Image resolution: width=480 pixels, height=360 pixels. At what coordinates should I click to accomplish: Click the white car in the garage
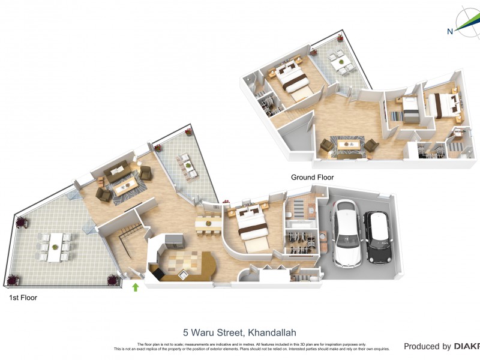346,234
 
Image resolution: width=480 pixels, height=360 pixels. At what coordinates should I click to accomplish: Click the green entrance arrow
136,287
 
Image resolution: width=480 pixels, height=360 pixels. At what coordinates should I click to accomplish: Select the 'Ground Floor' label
312,178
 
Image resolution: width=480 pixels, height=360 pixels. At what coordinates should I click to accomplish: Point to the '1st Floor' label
22,297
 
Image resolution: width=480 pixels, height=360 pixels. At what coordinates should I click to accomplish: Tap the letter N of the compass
450,32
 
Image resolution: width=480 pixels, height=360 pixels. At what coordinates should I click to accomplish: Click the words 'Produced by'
427,346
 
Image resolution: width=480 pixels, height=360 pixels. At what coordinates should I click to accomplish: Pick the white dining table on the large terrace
54,247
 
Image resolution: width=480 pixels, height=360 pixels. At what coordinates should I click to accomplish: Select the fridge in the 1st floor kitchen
174,241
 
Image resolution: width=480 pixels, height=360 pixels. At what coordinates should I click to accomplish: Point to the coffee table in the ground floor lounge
348,145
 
